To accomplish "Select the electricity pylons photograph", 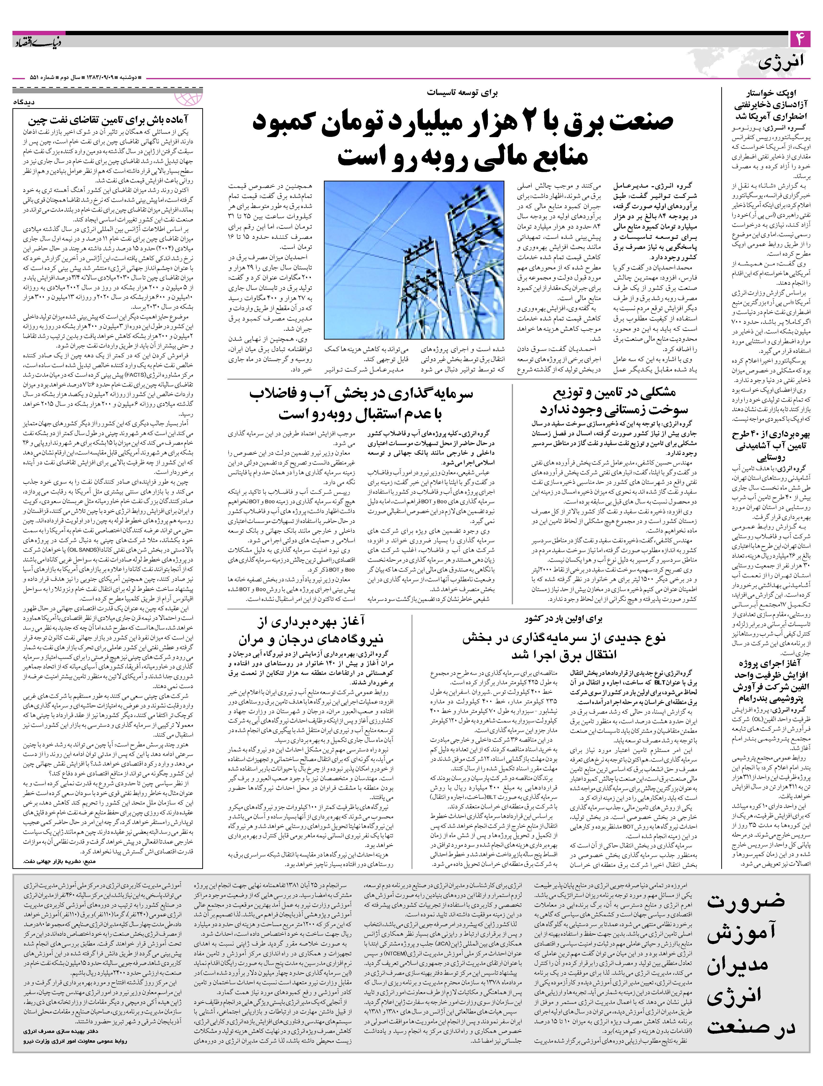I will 414,260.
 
